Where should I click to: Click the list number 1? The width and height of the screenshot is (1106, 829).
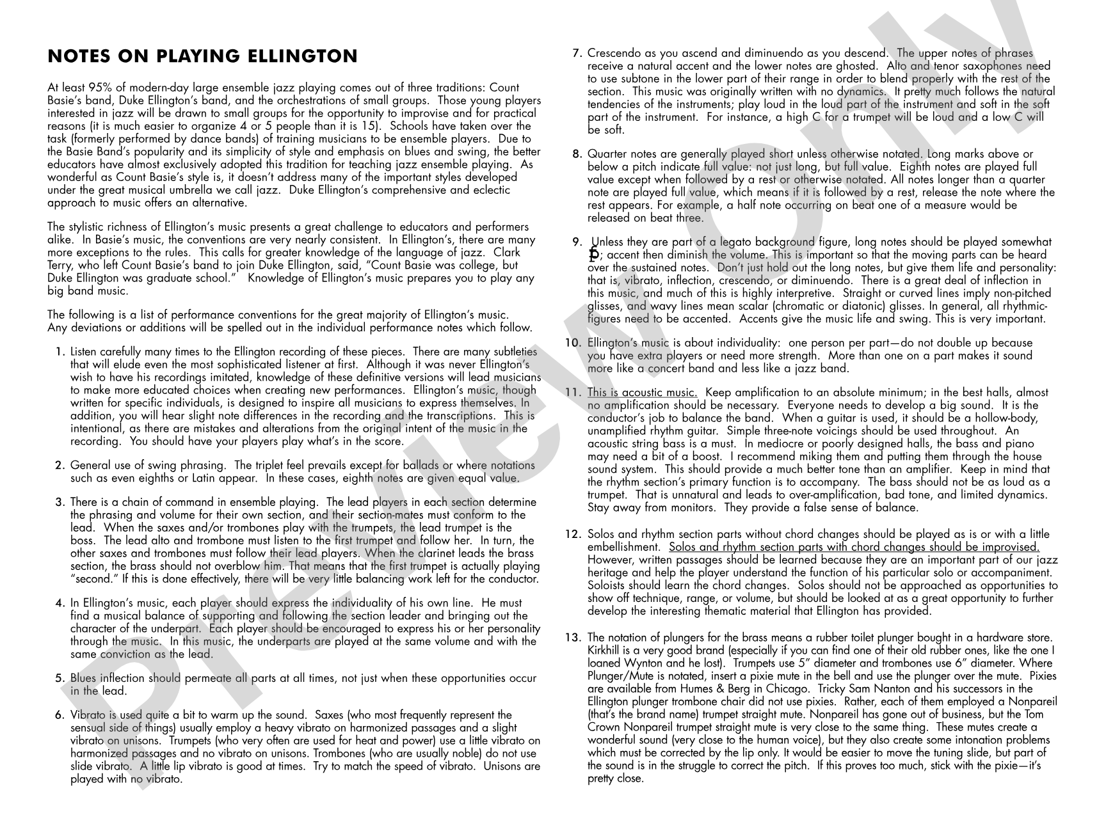(60, 352)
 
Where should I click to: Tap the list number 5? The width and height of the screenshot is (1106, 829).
(60, 678)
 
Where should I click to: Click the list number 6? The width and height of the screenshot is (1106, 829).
(60, 715)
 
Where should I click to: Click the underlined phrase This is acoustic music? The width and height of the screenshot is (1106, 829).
(642, 393)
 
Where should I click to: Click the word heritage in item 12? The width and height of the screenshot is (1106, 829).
(607, 572)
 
